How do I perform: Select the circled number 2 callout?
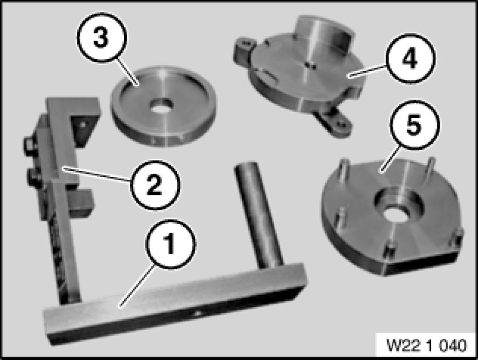pyautogui.click(x=155, y=185)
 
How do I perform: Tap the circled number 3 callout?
pyautogui.click(x=101, y=38)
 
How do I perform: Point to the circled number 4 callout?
pyautogui.click(x=410, y=58)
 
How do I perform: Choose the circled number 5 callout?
pyautogui.click(x=414, y=125)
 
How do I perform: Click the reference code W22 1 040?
pyautogui.click(x=427, y=345)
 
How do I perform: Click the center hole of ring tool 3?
pyautogui.click(x=161, y=105)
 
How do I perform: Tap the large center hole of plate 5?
pyautogui.click(x=396, y=211)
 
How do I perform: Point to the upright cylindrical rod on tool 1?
pyautogui.click(x=258, y=214)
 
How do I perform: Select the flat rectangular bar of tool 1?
pyautogui.click(x=175, y=303)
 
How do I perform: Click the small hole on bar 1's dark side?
pyautogui.click(x=198, y=314)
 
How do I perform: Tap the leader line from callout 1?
pyautogui.click(x=136, y=285)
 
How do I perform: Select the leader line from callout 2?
pyautogui.click(x=97, y=174)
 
